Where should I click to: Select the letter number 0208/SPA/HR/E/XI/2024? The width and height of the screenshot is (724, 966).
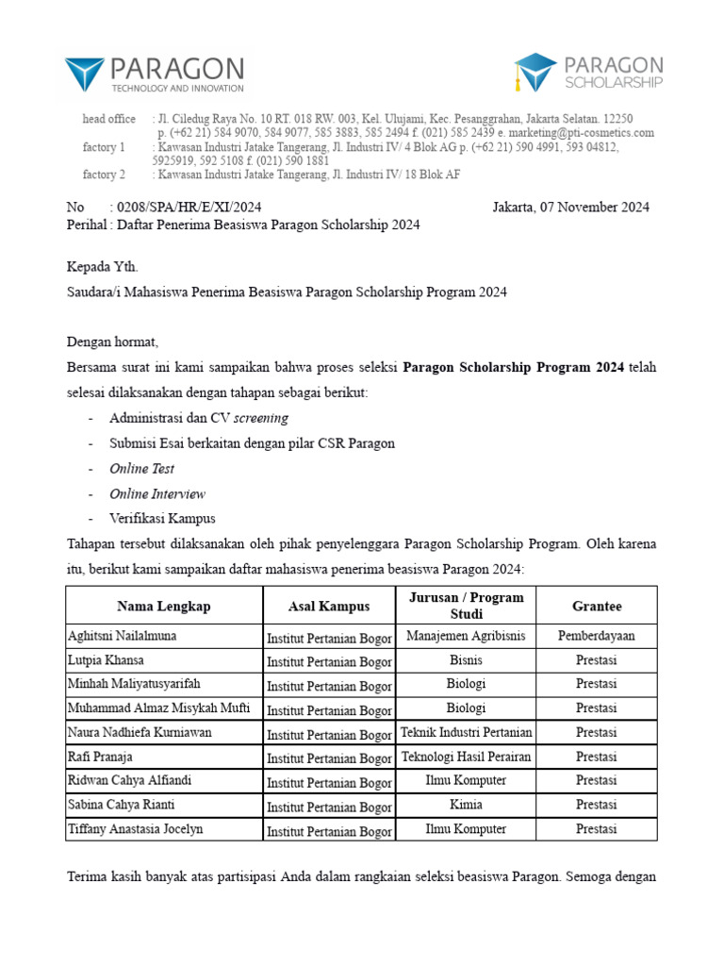(x=186, y=208)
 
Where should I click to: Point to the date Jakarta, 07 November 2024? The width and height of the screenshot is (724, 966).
(x=570, y=208)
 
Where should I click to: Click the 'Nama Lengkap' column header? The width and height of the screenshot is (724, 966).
(x=163, y=606)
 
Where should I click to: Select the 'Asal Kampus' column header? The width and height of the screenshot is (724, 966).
(x=329, y=606)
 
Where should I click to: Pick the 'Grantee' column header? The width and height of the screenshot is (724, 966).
(x=596, y=606)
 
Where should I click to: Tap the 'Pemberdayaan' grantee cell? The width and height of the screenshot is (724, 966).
(x=596, y=636)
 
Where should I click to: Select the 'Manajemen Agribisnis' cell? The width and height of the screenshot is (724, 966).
(x=466, y=636)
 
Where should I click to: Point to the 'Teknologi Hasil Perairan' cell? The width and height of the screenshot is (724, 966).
(x=466, y=757)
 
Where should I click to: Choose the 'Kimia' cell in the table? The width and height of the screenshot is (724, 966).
(x=466, y=805)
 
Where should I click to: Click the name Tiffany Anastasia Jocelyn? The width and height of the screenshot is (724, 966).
(x=135, y=829)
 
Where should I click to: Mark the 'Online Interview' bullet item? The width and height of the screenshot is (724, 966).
(x=156, y=493)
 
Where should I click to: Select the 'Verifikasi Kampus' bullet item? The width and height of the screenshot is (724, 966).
(x=162, y=519)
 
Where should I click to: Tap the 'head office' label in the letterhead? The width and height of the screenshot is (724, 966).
(x=108, y=119)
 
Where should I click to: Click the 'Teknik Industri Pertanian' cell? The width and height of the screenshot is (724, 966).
(x=466, y=732)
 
